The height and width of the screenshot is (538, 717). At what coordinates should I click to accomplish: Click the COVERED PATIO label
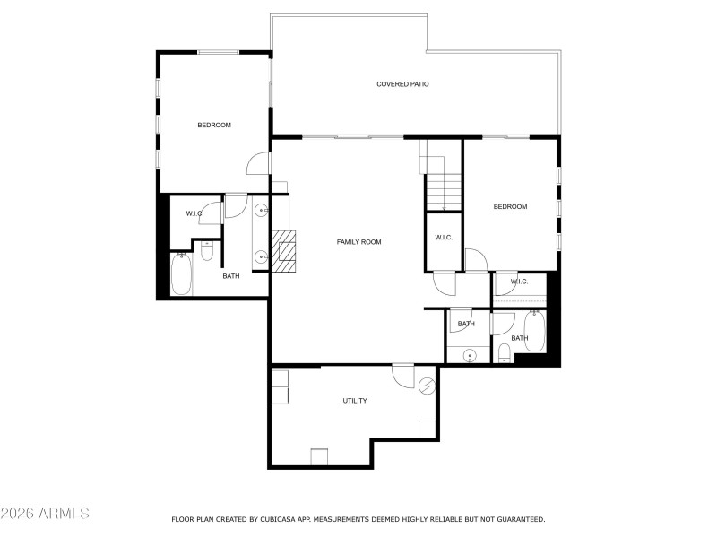pos(402,84)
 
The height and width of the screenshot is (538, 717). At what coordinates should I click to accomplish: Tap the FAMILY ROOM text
pos(359,242)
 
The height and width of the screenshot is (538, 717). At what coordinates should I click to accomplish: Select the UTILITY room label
pos(355,401)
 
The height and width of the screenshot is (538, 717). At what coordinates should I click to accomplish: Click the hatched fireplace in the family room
pos(286,249)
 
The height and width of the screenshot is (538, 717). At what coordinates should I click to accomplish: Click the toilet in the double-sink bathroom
pos(207,252)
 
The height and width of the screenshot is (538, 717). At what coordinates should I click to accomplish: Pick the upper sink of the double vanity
pos(261,212)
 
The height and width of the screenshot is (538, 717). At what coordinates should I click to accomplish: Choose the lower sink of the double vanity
pos(261,257)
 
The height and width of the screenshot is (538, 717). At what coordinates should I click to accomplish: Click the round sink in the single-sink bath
pos(469,357)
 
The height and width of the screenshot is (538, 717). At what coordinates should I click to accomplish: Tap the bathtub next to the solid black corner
pos(534,331)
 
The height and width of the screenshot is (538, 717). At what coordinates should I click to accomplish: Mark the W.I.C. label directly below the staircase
pos(443,238)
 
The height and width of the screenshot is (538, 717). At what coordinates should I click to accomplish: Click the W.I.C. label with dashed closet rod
pos(519,282)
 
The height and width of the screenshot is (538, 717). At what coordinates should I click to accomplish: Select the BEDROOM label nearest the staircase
pos(510,207)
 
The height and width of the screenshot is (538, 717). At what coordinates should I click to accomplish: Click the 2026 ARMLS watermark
pos(45,514)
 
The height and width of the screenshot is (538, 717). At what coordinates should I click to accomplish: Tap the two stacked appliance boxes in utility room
pos(281,386)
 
